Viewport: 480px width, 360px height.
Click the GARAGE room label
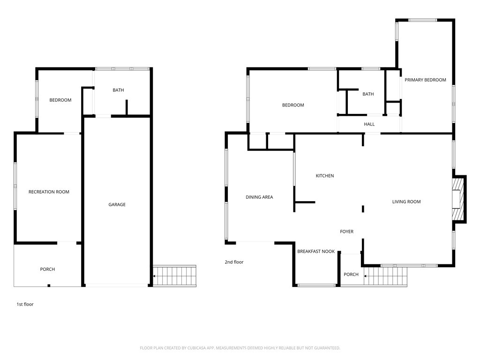tap(117, 204)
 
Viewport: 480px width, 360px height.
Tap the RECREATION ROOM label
tap(49, 192)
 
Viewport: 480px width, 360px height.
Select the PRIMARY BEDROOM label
tap(425, 80)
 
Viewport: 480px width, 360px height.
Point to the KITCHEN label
tap(325, 176)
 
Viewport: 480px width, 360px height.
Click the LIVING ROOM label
tap(406, 202)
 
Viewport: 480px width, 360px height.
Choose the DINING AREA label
tap(259, 197)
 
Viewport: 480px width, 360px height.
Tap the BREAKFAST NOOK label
tap(316, 251)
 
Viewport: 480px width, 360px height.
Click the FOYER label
tap(346, 232)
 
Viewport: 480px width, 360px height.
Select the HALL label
tap(369, 124)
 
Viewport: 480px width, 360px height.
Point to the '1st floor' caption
tap(25, 304)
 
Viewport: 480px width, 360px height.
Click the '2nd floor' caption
tap(234, 262)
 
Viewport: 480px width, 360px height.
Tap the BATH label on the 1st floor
tap(118, 90)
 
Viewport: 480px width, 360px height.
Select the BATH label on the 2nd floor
tap(368, 94)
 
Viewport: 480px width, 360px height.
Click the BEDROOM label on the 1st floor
tap(60, 100)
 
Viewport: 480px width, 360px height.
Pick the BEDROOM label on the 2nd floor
tap(293, 105)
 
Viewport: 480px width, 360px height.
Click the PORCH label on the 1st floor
tap(47, 270)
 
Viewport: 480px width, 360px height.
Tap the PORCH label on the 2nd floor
tap(351, 274)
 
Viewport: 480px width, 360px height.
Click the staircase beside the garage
tap(174, 276)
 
